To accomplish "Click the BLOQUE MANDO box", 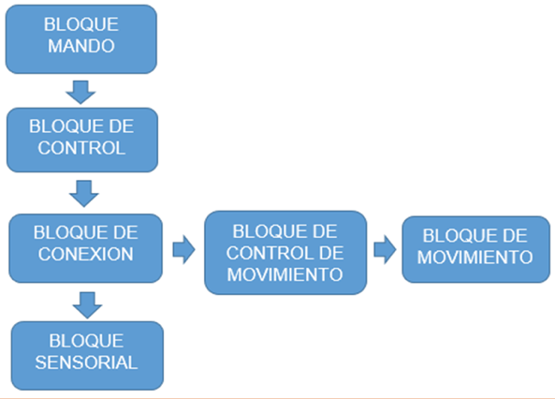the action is [x=81, y=39].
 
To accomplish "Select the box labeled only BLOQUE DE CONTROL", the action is [x=82, y=140].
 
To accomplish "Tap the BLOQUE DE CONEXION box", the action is [x=86, y=248].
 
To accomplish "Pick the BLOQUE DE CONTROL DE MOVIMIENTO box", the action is [x=285, y=253].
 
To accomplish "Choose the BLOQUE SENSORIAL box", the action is [x=87, y=355].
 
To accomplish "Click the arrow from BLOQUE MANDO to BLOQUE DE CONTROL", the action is [x=80, y=92].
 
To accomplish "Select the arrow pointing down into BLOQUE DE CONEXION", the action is [x=84, y=194].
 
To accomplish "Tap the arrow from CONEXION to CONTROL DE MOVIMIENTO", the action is [x=183, y=249].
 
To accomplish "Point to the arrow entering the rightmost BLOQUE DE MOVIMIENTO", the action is [x=385, y=249].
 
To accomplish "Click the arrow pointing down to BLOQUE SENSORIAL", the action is [x=87, y=305].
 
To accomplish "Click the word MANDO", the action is [x=81, y=46].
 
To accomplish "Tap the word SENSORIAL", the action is [x=86, y=362].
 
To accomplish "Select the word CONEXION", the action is [x=86, y=254].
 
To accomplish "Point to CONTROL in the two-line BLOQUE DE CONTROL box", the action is [x=81, y=148].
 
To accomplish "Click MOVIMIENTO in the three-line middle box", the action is [x=285, y=274].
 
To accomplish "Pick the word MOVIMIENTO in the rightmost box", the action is [x=475, y=258].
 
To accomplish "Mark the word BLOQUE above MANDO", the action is [x=81, y=24].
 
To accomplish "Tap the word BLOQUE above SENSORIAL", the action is [x=86, y=341].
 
